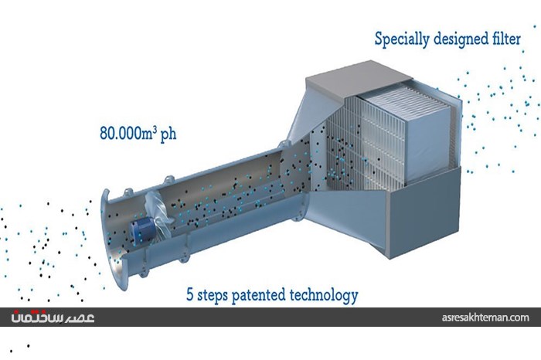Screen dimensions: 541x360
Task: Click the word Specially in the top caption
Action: [x=402, y=39]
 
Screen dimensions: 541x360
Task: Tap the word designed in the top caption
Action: [x=460, y=39]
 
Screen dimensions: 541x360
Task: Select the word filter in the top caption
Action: [x=505, y=38]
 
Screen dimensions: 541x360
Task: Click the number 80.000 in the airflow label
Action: [x=119, y=133]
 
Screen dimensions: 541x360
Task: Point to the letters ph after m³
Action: [x=168, y=134]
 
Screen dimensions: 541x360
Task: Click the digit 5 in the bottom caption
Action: [x=190, y=295]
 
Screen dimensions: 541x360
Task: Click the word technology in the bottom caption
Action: [x=324, y=296]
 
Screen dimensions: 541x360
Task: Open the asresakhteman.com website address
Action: [x=485, y=318]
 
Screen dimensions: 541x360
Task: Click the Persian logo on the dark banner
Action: [x=53, y=317]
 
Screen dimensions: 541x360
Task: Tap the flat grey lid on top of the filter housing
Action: [x=359, y=78]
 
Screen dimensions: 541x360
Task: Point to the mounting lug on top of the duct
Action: [x=168, y=180]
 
